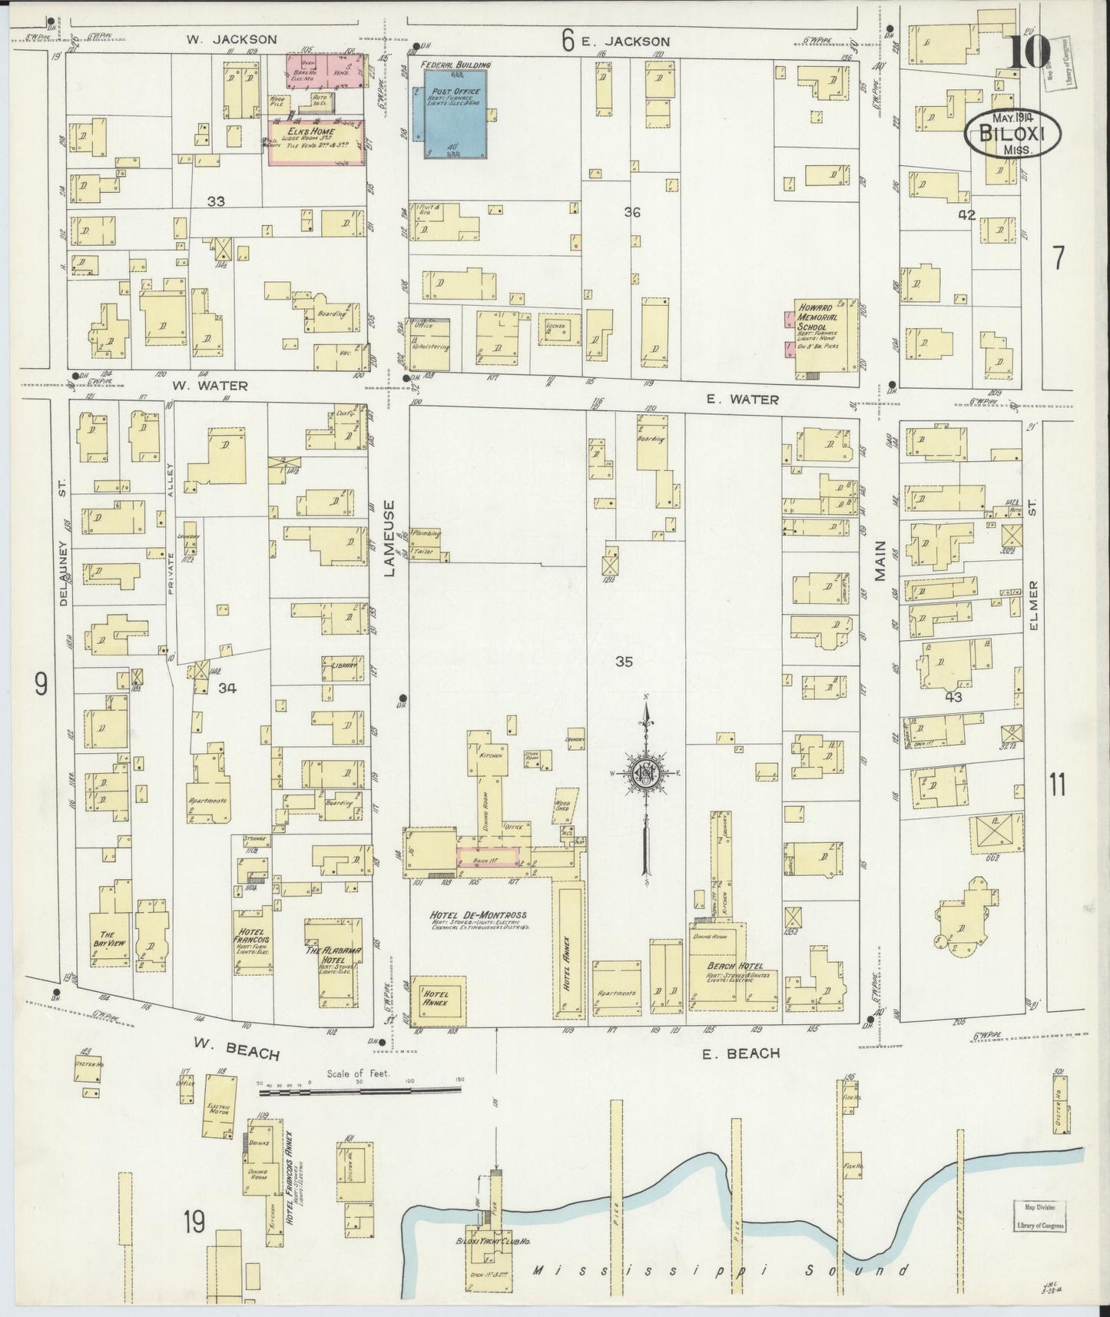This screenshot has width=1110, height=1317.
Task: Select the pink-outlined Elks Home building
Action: point(316,141)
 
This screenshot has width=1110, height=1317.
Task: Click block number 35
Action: point(624,661)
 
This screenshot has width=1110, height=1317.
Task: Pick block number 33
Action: point(216,201)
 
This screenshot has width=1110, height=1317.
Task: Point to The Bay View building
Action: point(107,941)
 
